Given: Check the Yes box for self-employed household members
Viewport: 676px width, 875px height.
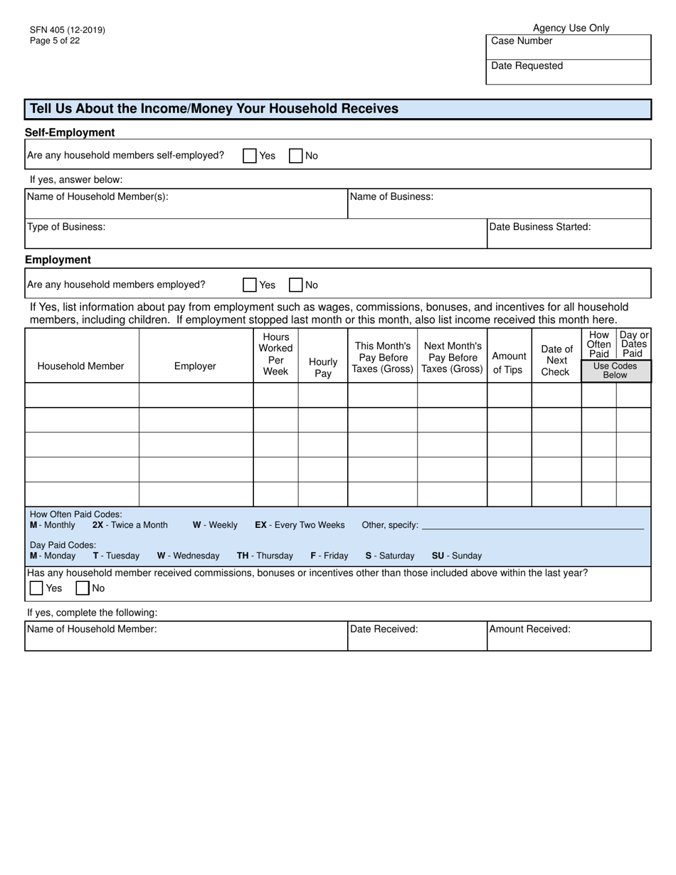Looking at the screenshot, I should (250, 156).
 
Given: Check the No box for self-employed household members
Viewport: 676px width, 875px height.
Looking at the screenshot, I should (296, 156).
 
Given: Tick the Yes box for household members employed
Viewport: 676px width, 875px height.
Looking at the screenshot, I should (250, 285).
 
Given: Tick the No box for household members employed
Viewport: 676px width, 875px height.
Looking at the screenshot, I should (296, 285).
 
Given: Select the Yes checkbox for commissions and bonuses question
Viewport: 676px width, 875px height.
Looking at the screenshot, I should (36, 588).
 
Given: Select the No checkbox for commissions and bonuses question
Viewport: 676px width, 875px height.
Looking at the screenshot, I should (83, 588).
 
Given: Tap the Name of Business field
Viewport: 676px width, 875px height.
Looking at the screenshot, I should (498, 207).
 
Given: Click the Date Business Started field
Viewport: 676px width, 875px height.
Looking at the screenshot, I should (568, 238).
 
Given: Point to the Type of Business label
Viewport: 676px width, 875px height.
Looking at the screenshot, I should (66, 227).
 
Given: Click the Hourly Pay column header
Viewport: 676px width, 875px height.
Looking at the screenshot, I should (323, 367).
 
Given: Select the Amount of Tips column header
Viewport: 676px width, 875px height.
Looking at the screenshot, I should (509, 362).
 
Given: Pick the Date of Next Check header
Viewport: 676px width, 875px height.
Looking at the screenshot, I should (556, 360).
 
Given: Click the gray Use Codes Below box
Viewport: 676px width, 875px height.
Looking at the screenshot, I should (616, 371).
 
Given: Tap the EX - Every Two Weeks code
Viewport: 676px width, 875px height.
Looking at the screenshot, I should (300, 525).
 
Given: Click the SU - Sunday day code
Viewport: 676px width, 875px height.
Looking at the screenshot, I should (456, 556).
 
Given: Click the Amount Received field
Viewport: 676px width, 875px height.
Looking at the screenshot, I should (568, 640).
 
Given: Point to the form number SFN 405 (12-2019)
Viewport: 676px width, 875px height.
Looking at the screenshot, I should (68, 30).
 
